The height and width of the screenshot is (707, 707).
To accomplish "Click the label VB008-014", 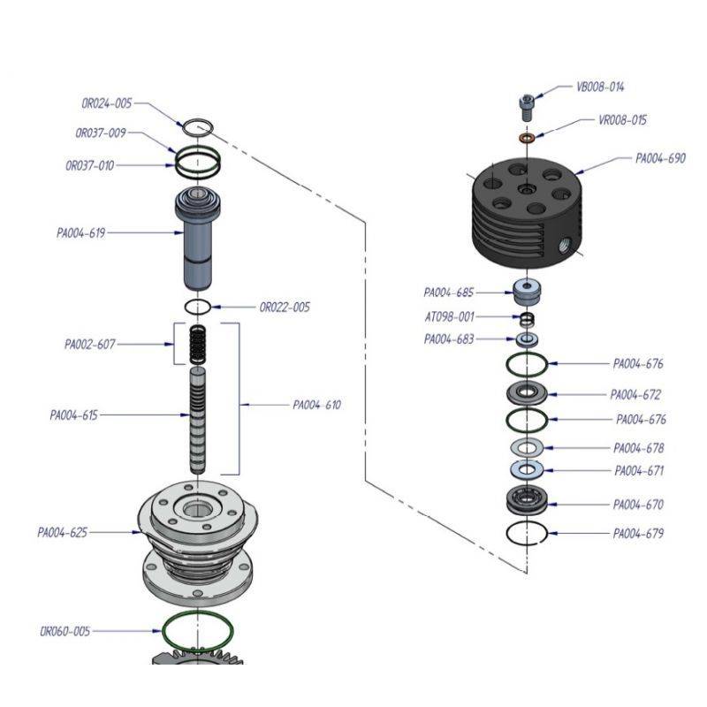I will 600,87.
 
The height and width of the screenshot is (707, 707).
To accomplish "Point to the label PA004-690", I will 660,159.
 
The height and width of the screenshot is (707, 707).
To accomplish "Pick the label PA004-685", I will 448,292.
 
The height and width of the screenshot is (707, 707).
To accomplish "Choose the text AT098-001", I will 448,316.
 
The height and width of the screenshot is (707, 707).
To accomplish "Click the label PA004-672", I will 635,395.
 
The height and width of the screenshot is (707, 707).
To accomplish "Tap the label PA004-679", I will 638,534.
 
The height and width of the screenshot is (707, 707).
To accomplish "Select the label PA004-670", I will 638,505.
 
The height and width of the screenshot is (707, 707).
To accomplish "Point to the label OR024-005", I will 107,103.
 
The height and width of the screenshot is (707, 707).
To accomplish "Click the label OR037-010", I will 89,165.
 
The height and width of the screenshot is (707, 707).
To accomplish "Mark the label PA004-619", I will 81,233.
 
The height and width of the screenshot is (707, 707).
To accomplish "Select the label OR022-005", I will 285,308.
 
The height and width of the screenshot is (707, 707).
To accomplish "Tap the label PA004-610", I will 316,406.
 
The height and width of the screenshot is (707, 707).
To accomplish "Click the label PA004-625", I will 62,533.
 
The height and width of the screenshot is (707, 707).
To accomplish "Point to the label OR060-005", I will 65,631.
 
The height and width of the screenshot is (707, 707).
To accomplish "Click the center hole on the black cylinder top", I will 526,190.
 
